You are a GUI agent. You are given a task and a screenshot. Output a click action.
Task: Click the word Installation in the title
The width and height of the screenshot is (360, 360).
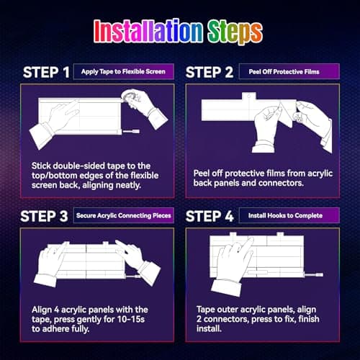click(148, 31)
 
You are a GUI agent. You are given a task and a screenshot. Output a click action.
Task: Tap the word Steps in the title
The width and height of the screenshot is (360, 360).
click(235, 32)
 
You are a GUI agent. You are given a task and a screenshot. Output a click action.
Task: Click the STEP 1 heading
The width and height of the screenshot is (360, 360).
click(46, 72)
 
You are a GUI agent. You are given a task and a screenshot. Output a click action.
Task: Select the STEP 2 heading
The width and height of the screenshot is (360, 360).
click(210, 72)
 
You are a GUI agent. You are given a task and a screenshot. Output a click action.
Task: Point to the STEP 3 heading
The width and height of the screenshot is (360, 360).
click(44, 216)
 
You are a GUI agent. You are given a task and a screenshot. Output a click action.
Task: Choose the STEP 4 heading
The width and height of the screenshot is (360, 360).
click(210, 216)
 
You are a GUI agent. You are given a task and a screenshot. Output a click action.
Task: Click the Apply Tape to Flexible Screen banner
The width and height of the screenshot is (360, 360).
click(124, 71)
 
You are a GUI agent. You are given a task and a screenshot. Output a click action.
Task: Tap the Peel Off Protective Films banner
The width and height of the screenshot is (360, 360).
click(289, 71)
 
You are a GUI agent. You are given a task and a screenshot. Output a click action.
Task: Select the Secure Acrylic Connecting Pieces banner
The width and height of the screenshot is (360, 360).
click(124, 215)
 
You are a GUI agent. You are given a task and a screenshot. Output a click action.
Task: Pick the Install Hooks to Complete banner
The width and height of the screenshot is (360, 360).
click(289, 215)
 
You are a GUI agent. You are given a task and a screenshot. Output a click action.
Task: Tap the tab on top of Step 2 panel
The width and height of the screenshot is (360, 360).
click(249, 96)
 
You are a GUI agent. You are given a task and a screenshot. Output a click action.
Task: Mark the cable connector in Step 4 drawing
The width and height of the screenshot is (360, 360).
click(314, 274)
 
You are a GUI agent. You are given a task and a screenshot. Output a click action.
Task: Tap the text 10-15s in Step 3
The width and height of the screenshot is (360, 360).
click(131, 319)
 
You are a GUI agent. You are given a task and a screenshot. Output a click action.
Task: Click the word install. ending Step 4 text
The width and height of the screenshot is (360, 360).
click(209, 328)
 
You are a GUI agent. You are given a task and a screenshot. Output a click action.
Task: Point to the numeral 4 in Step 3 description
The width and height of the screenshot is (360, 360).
click(56, 310)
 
